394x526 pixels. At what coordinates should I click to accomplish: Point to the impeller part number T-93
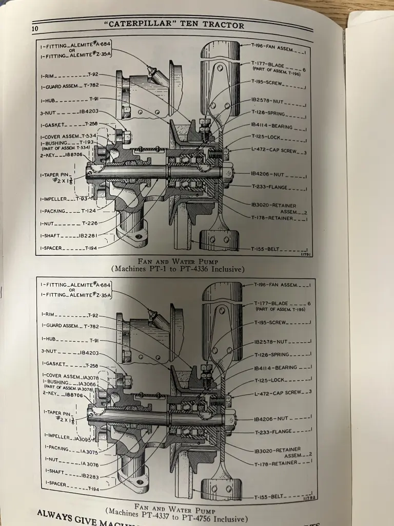click(x=81, y=198)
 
